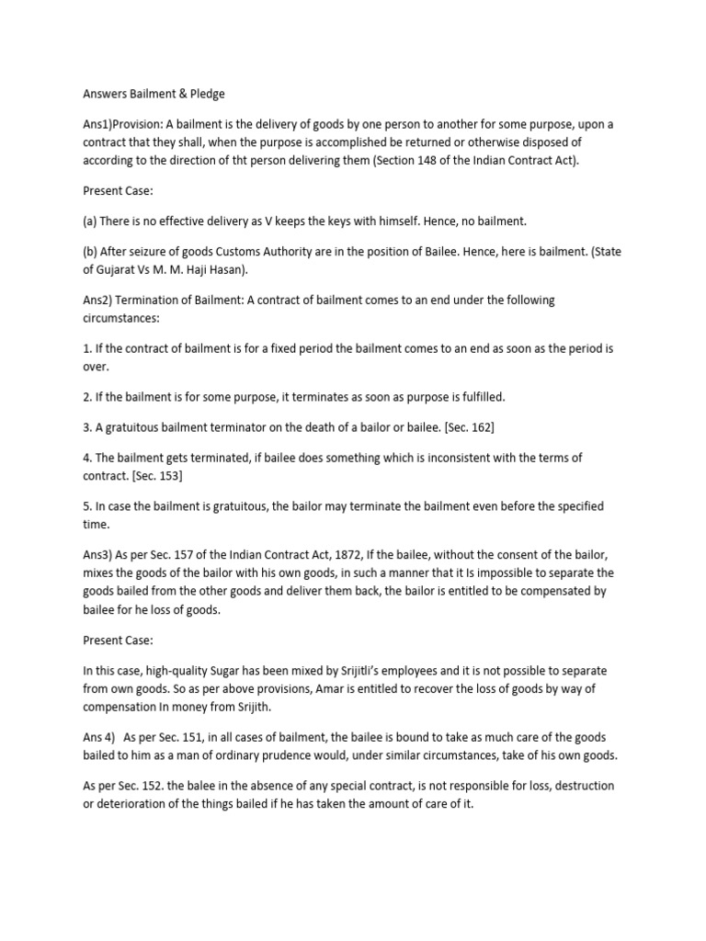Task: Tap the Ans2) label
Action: pyautogui.click(x=99, y=300)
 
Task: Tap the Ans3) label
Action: pyautogui.click(x=99, y=554)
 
